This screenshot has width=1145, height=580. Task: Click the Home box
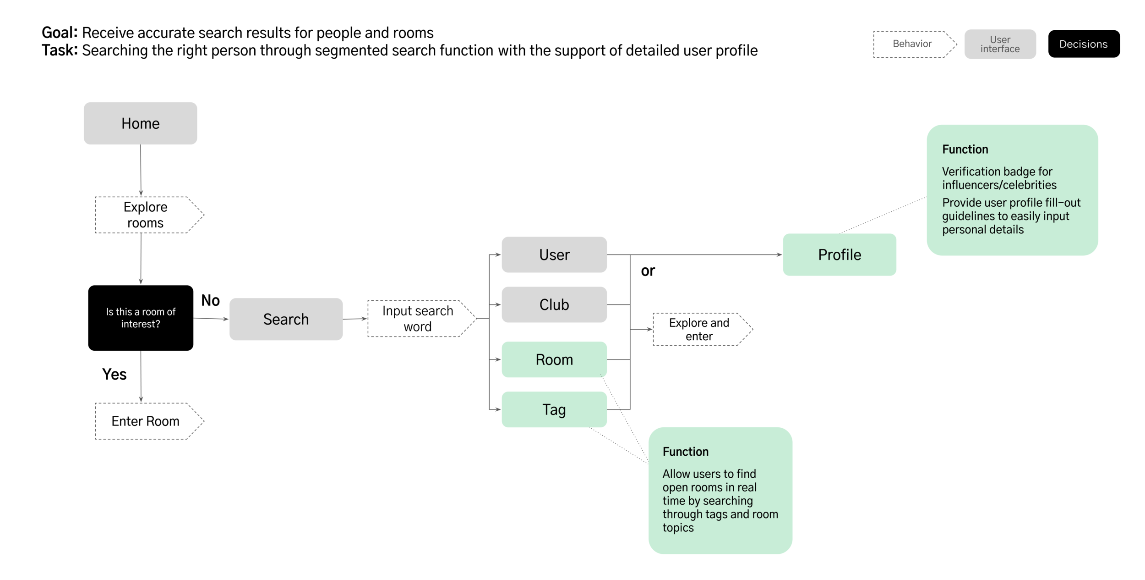pos(140,123)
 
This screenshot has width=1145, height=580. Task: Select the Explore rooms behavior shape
pos(146,215)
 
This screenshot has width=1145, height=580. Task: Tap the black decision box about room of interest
pos(141,318)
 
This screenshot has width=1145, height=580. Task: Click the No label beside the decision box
pos(210,300)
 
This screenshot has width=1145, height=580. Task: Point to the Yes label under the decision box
pos(114,374)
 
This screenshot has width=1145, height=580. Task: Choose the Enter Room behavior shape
pos(146,421)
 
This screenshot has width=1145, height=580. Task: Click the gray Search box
pos(286,319)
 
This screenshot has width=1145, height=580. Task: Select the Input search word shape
pos(418,319)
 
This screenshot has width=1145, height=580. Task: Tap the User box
pos(554,254)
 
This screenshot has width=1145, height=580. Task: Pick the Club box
pos(554,304)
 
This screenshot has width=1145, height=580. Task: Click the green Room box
pos(554,359)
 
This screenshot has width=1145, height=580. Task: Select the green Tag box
pos(554,409)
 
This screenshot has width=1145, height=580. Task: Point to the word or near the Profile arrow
pos(648,271)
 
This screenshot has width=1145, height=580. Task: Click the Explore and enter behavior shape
pos(699,329)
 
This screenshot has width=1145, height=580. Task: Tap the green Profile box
pos(839,254)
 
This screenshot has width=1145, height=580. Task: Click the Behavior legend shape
pos(912,44)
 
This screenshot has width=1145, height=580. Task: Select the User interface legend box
pos(1000,44)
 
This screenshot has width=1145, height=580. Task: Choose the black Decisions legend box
pos(1083,44)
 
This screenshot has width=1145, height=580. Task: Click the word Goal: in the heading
pos(60,33)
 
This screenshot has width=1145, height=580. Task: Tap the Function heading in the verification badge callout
pos(965,149)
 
